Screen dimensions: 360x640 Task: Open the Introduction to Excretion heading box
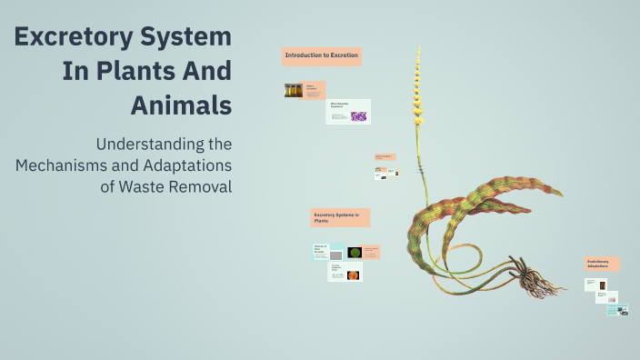tap(322, 56)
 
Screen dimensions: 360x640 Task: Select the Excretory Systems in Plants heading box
tap(340, 217)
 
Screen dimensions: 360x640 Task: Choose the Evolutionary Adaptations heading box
tap(602, 263)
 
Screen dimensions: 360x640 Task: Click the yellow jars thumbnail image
tap(294, 90)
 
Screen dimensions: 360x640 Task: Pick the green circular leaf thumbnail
tap(355, 252)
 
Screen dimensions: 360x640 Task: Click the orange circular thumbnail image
tap(354, 275)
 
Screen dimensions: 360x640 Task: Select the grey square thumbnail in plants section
tap(322, 256)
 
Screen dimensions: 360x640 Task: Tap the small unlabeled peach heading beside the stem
tap(385, 156)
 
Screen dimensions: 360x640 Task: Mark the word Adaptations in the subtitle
tap(186, 165)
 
